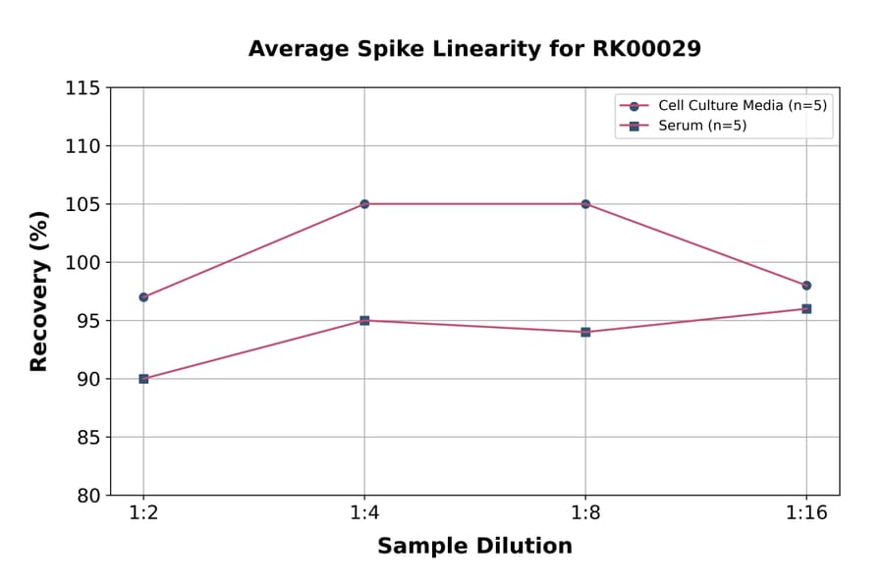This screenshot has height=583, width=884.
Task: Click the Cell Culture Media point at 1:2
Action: pos(143,296)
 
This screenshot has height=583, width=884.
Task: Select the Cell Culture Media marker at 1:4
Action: pos(364,204)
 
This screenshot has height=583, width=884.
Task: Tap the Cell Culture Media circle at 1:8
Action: pos(585,204)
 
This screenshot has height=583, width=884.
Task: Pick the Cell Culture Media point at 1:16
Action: pos(806,286)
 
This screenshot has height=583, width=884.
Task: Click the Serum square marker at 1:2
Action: pos(143,379)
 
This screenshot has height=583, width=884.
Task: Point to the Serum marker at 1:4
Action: pos(364,320)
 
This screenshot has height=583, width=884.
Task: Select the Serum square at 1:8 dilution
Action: pos(585,332)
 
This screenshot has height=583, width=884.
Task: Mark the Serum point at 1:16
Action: pos(806,309)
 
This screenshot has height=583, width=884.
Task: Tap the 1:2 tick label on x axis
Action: pos(143,514)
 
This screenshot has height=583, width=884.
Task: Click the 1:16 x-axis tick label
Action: pos(806,514)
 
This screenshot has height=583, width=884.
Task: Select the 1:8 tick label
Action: pos(585,514)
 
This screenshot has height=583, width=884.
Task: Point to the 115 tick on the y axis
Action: pos(83,88)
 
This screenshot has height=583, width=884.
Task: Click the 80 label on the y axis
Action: pos(88,496)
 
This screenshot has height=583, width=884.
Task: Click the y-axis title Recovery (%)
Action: pos(39,291)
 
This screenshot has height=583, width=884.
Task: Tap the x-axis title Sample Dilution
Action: pos(474,547)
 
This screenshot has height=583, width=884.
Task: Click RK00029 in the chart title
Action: pos(646,49)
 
